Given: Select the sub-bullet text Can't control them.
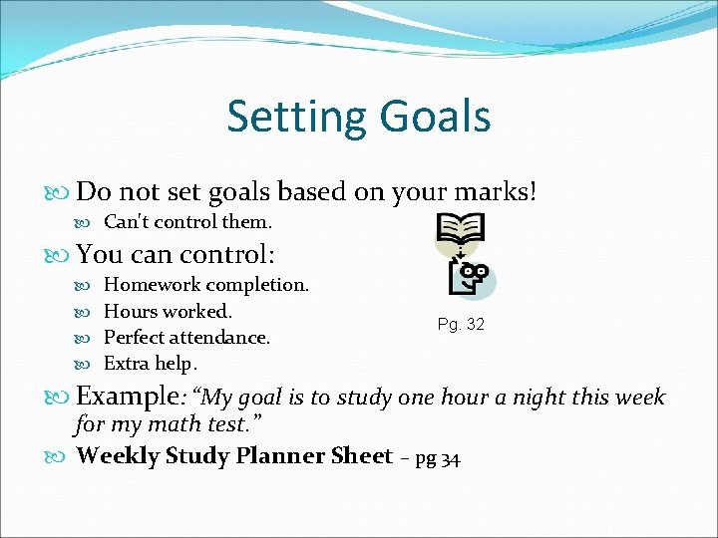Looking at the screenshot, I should pos(187,221).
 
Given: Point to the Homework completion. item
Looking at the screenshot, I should pos(206,285).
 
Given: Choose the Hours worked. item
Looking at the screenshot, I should pos(168,311).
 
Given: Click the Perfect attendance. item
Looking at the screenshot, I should pos(186,337).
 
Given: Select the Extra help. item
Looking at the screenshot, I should pos(151,363).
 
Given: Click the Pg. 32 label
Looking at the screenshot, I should pos(461,325).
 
